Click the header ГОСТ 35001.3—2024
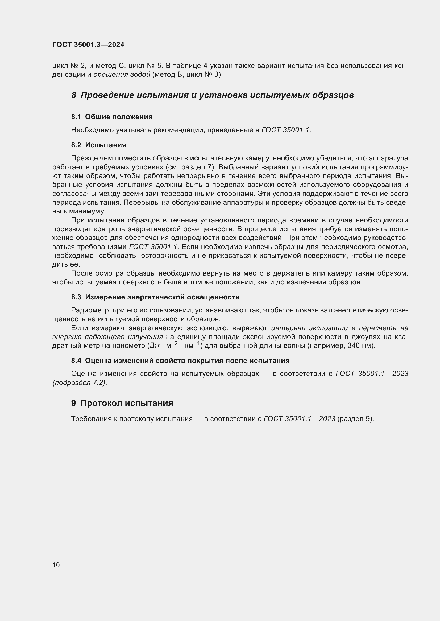(x=88, y=45)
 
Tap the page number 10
(x=56, y=565)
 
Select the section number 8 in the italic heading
(x=74, y=95)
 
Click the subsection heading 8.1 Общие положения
(x=112, y=117)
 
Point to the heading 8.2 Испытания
(x=99, y=145)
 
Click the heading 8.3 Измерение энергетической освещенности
(x=155, y=297)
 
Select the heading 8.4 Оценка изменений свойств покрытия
(x=180, y=361)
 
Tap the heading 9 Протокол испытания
(x=122, y=403)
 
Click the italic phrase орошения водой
(x=122, y=74)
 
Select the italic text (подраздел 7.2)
(x=80, y=383)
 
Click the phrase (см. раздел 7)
(x=190, y=167)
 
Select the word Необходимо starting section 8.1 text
(x=92, y=130)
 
